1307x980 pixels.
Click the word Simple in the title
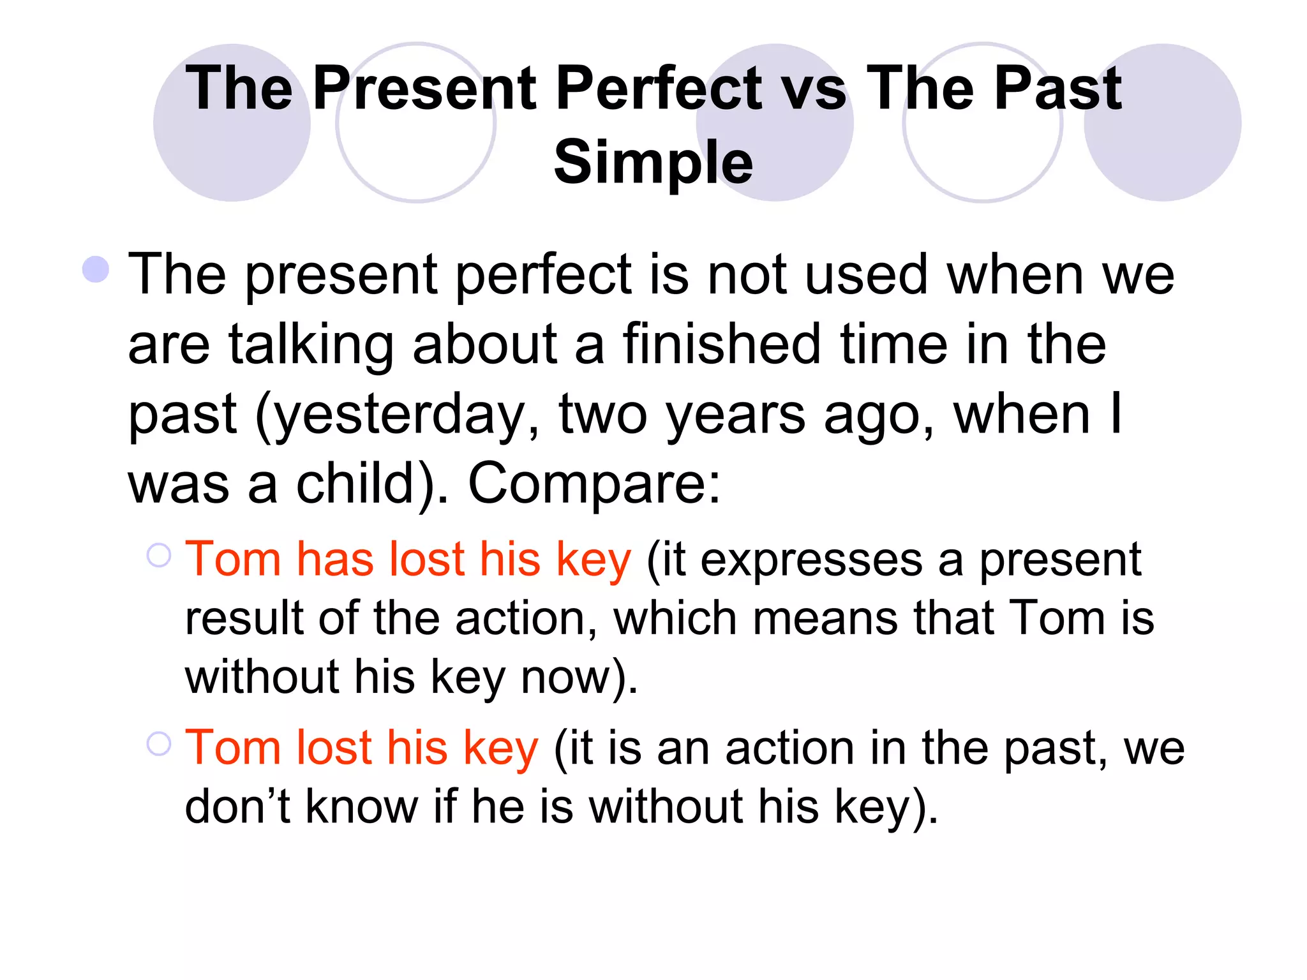[x=653, y=163]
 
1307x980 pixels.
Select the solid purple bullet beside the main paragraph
[x=96, y=269]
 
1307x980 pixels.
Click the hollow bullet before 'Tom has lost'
[x=159, y=555]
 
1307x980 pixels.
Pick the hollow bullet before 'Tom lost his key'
[x=159, y=743]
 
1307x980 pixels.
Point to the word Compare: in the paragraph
[x=594, y=484]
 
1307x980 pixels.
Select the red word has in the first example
[x=335, y=560]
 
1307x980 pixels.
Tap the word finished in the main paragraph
[x=722, y=345]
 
